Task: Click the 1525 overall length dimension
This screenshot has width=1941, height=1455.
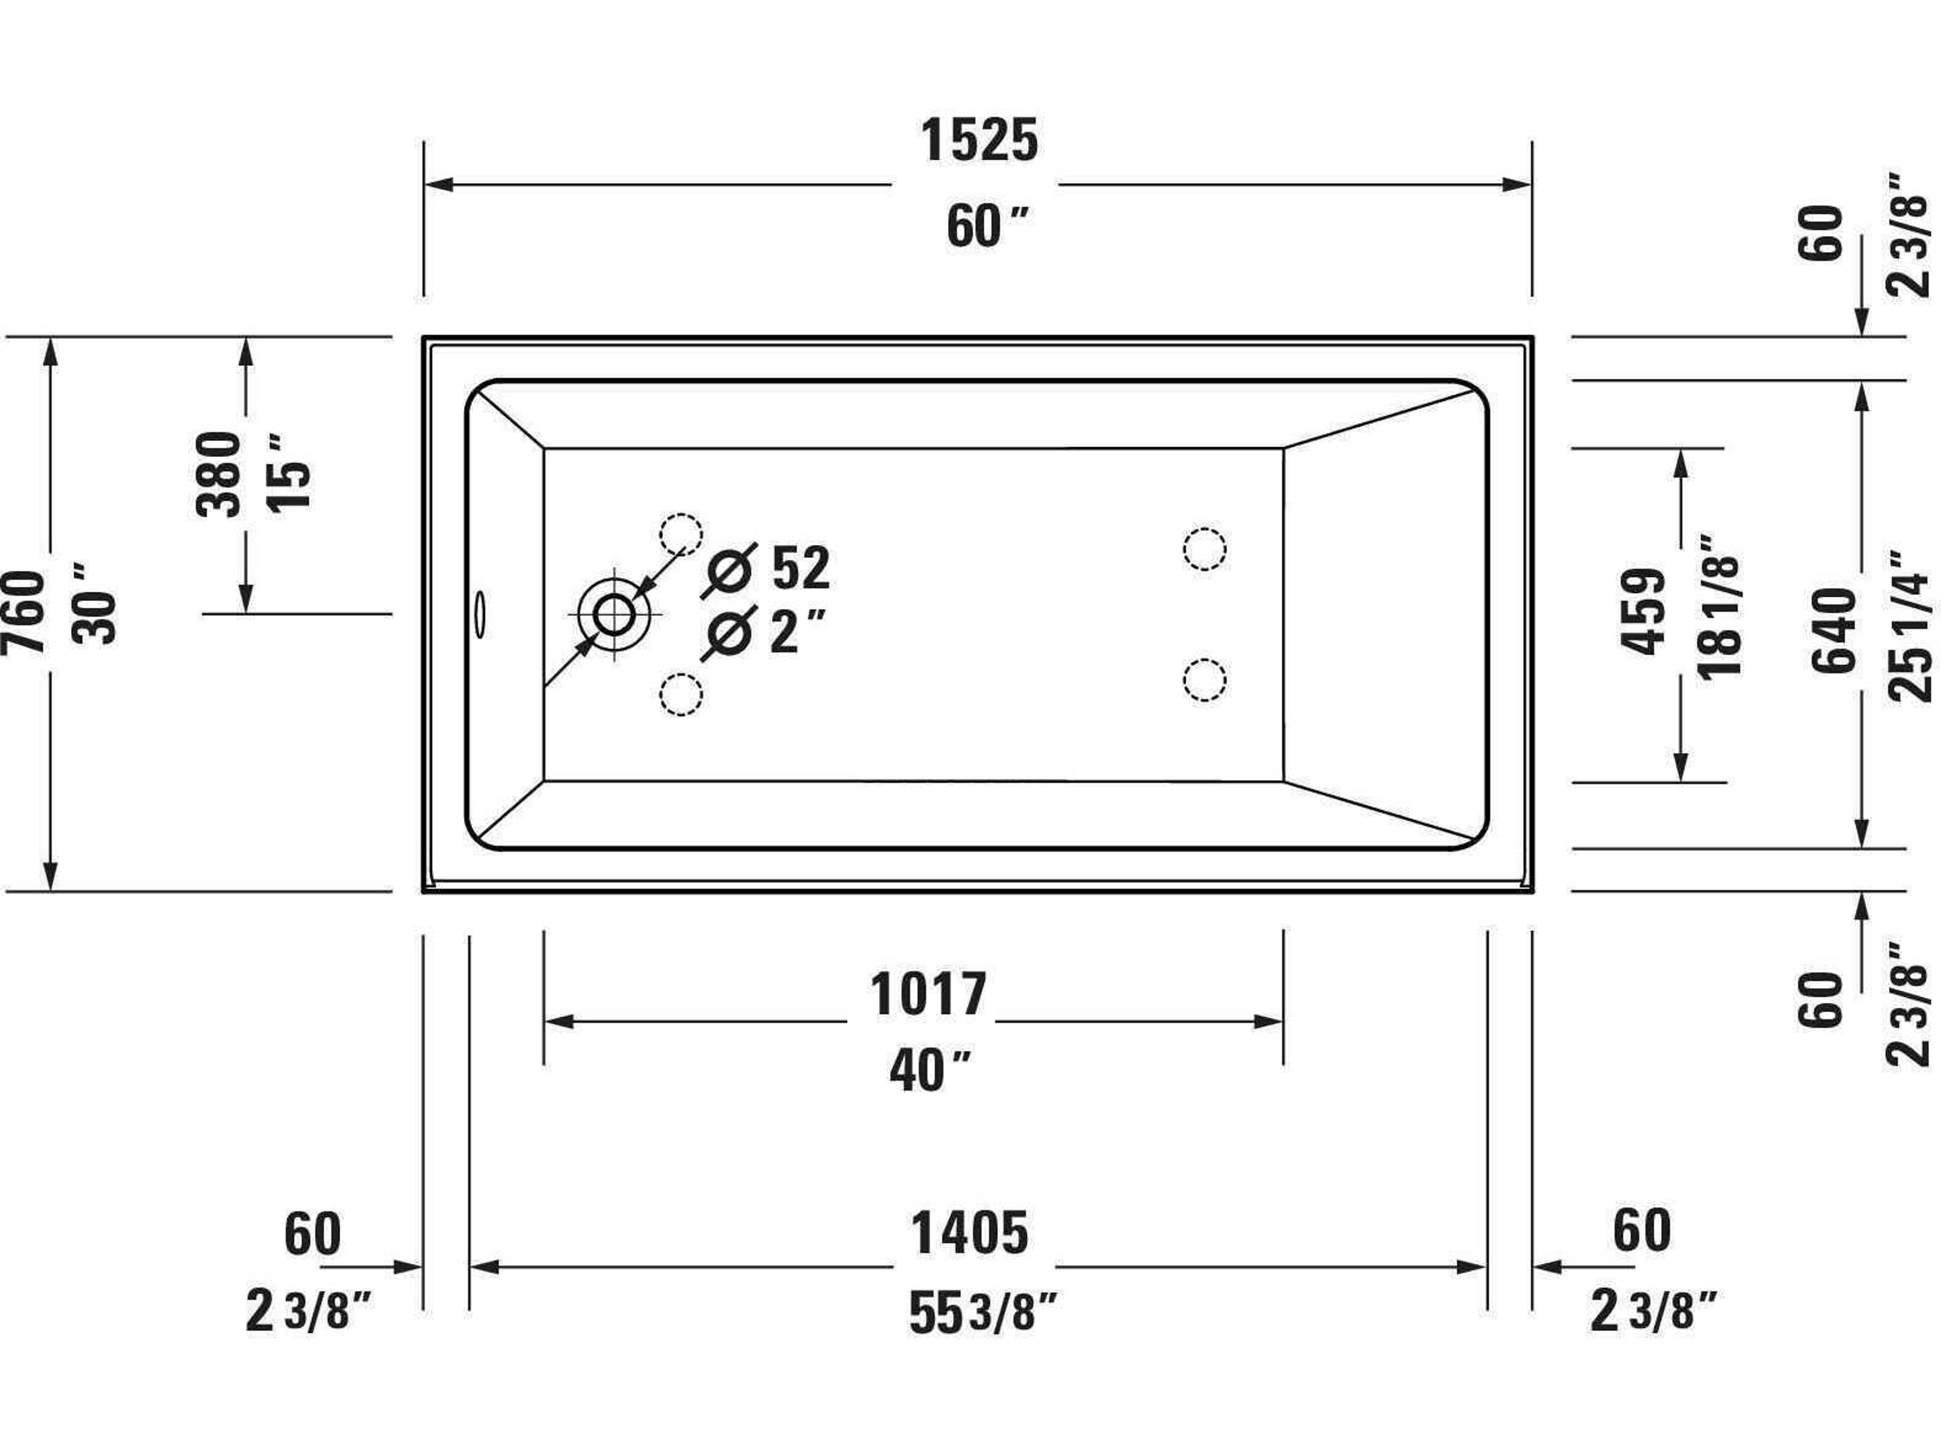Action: click(x=979, y=140)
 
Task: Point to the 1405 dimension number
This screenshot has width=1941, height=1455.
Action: click(x=969, y=1233)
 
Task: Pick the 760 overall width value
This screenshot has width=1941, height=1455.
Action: click(x=24, y=612)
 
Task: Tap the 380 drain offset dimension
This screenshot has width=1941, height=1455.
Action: click(x=218, y=473)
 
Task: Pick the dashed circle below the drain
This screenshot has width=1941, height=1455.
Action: click(x=681, y=695)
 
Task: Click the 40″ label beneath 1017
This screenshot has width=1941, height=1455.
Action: click(x=929, y=1071)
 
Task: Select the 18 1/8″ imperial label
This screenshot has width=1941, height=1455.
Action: click(x=1718, y=605)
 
